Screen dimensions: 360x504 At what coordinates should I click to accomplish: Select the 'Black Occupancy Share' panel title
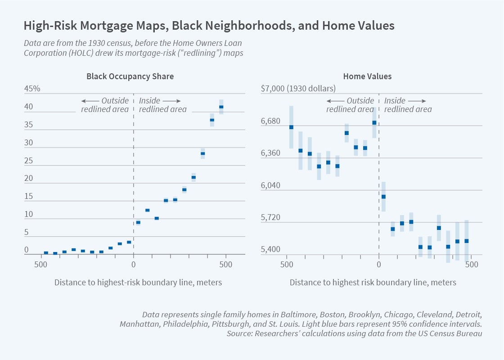130,76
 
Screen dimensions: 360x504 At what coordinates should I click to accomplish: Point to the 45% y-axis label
32,89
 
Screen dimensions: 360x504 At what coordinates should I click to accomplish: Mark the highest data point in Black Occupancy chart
221,107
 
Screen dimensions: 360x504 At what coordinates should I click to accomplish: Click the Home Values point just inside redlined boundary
383,197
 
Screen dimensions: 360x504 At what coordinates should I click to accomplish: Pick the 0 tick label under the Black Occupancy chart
133,265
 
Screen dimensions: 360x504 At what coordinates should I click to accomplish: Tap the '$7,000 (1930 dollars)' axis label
298,89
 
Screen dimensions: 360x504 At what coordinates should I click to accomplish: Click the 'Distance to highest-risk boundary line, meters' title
138,283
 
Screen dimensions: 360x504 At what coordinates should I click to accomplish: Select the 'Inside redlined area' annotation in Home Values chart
408,105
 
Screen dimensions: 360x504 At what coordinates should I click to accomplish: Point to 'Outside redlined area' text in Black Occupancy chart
105,105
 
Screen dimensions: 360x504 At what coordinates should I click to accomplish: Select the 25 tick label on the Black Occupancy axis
29,161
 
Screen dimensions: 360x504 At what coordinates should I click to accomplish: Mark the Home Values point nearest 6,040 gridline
383,197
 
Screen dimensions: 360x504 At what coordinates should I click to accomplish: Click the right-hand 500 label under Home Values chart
472,265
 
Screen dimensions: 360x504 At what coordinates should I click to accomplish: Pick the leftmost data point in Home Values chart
291,127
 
